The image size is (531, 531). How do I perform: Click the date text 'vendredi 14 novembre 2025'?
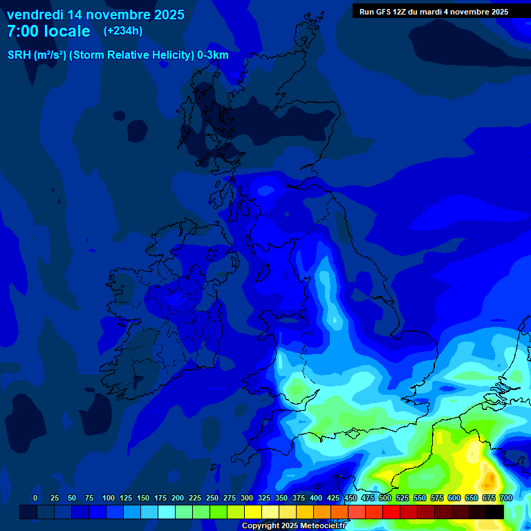pyautogui.click(x=95, y=14)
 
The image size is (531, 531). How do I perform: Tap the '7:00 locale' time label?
pyautogui.click(x=48, y=31)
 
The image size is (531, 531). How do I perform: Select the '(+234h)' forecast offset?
pyautogui.click(x=122, y=30)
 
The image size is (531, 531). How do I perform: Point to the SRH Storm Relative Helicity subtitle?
pyautogui.click(x=118, y=55)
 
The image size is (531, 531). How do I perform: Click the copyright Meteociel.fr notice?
pyautogui.click(x=293, y=525)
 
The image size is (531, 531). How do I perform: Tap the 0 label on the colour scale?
pyautogui.click(x=35, y=498)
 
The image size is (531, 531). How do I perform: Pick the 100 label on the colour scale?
pyautogui.click(x=108, y=498)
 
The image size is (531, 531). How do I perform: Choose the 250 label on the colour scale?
pyautogui.click(x=212, y=498)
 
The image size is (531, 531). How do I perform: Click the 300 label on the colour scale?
pyautogui.click(x=246, y=498)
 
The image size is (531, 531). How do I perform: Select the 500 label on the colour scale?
pyautogui.click(x=384, y=498)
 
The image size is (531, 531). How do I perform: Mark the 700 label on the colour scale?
pyautogui.click(x=505, y=498)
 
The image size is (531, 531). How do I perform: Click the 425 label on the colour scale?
pyautogui.click(x=333, y=498)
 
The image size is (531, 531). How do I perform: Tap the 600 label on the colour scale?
pyautogui.click(x=454, y=498)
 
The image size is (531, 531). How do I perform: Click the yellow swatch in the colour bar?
pyautogui.click(x=253, y=512)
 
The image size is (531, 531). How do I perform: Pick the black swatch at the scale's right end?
pyautogui.click(x=495, y=512)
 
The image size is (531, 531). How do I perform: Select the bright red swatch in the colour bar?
pyautogui.click(x=391, y=512)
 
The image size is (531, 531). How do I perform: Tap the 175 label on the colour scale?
pyautogui.click(x=160, y=498)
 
